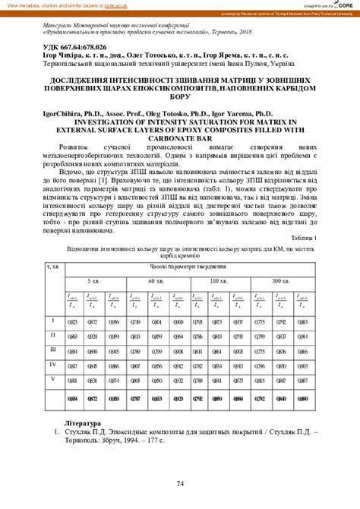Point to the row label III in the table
pos(52,349)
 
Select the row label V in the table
pos(52,378)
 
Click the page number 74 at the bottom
pos(180,485)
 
